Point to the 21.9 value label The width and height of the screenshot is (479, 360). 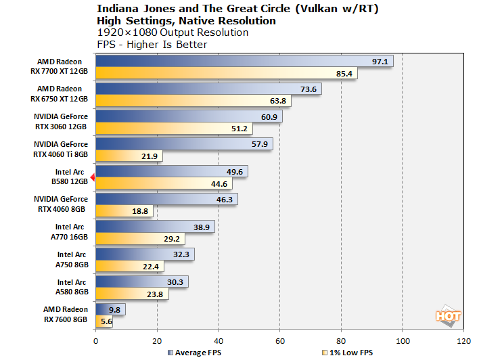[x=150, y=156]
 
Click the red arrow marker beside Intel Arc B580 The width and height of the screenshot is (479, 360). [x=93, y=177]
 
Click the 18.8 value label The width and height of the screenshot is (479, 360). [x=140, y=212]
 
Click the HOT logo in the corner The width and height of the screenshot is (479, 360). [x=447, y=316]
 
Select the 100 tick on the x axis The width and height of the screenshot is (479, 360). [x=403, y=340]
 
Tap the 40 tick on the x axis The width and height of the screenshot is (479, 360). [x=219, y=340]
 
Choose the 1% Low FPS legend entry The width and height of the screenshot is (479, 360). [x=350, y=353]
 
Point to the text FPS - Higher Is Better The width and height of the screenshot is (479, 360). [x=152, y=45]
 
